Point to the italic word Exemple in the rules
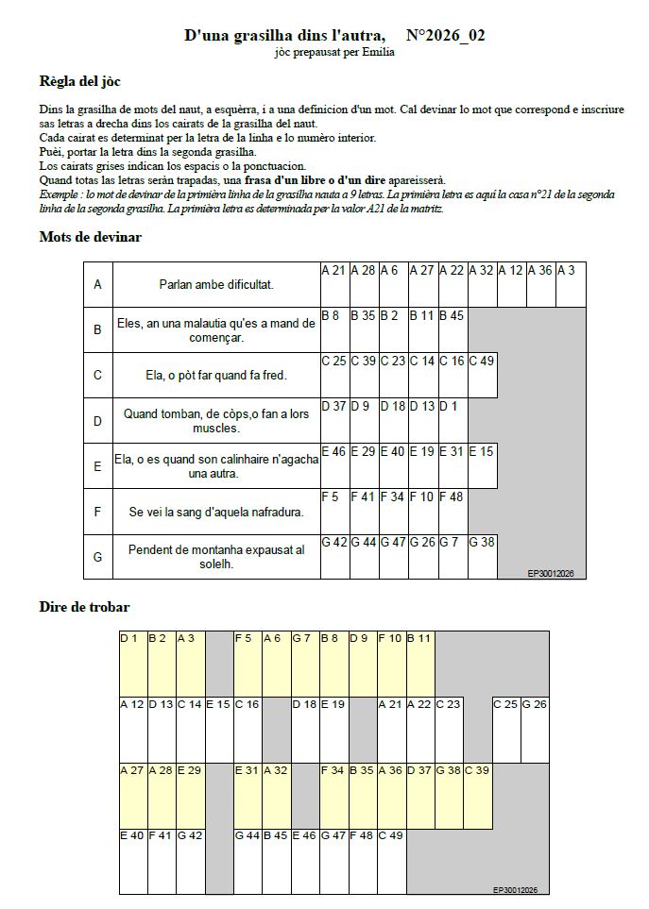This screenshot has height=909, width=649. click(x=60, y=194)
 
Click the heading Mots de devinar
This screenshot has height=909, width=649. click(x=91, y=236)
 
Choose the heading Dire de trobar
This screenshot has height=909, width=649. click(x=85, y=606)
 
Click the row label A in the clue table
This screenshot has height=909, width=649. click(x=97, y=283)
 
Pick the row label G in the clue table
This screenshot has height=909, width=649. click(x=97, y=557)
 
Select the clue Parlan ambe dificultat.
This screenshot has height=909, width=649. click(x=216, y=283)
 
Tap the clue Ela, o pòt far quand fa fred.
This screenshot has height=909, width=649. click(x=216, y=375)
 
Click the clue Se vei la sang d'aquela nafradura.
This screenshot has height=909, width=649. click(x=216, y=512)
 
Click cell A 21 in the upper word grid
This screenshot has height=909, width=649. click(x=335, y=284)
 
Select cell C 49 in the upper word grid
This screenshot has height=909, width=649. click(x=483, y=375)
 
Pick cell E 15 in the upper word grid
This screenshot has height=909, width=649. click(x=483, y=465)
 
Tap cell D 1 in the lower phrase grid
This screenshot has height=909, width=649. click(x=133, y=664)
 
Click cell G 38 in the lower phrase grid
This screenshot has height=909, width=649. click(x=448, y=794)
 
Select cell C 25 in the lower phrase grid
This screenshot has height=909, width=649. click(x=505, y=729)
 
